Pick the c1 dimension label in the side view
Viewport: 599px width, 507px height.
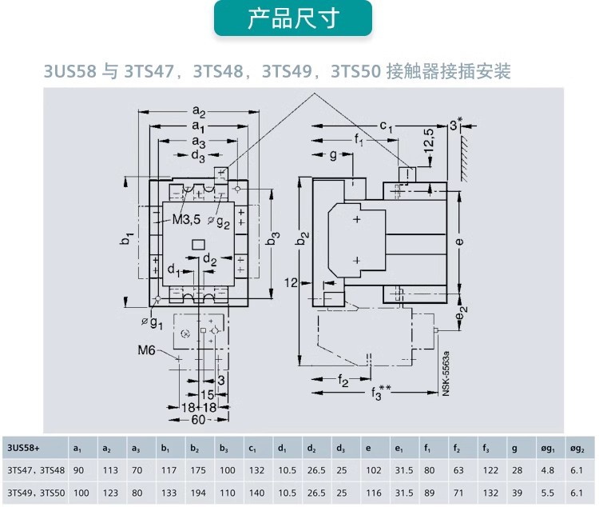click(x=387, y=126)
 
